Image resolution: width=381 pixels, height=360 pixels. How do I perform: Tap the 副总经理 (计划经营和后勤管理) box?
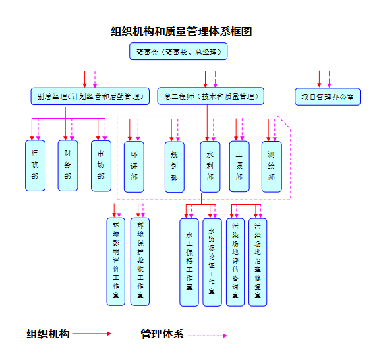[90, 96]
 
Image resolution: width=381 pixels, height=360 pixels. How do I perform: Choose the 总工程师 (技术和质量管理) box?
[210, 96]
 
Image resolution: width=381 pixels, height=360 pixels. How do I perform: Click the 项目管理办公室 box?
[327, 96]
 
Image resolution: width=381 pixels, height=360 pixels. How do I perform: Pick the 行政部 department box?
[34, 165]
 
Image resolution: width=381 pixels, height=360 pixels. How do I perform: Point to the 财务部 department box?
[67, 165]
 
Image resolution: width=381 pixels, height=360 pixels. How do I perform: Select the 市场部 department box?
[100, 165]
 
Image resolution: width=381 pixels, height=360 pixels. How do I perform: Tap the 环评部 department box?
[134, 166]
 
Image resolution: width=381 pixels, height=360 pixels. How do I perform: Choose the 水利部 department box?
[210, 166]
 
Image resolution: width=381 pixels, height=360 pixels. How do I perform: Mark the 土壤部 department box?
[239, 166]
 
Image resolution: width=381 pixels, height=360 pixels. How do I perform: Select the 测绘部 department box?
[271, 166]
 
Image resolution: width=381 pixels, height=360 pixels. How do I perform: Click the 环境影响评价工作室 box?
[116, 262]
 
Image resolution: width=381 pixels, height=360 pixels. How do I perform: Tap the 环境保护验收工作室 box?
[140, 262]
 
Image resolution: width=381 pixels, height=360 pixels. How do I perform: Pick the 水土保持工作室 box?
[189, 262]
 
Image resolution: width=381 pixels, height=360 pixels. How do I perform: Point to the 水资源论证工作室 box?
[212, 262]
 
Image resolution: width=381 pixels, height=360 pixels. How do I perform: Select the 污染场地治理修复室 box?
[258, 262]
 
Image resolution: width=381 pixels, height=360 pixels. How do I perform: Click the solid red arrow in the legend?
[92, 334]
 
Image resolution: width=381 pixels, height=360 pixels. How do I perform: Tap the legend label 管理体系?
[162, 334]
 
